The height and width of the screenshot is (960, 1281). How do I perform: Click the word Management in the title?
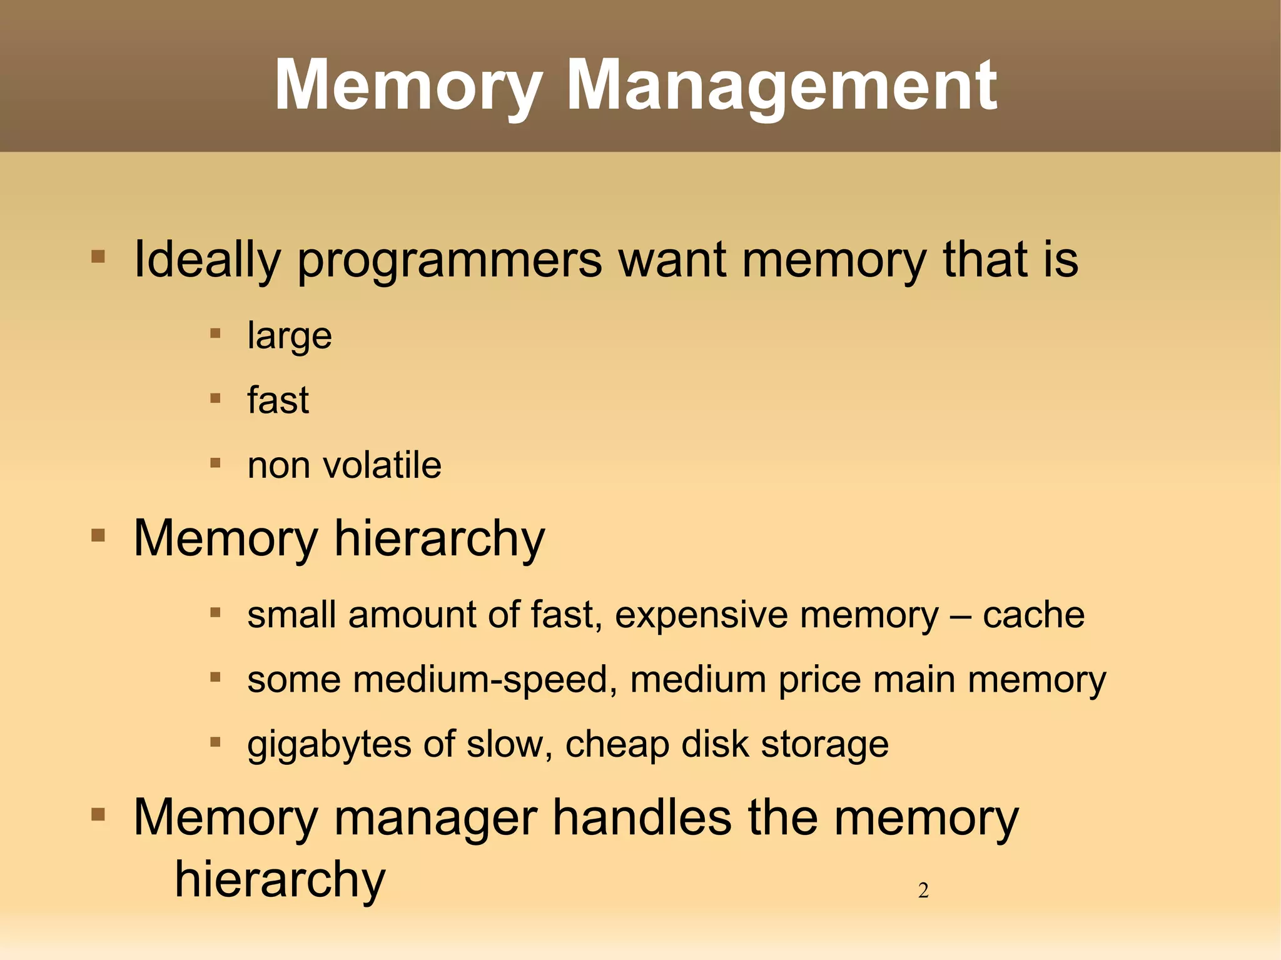click(781, 86)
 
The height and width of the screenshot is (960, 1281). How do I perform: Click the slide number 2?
click(923, 890)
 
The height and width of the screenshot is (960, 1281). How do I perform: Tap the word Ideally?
click(207, 260)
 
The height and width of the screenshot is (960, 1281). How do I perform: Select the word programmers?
click(450, 260)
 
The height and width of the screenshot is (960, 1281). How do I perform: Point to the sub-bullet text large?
click(289, 336)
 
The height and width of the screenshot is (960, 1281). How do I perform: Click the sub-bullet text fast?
click(278, 400)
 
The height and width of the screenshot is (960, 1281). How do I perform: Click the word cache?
click(1033, 615)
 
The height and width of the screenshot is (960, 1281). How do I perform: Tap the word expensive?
click(707, 615)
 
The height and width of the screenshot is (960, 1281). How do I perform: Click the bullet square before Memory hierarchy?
click(98, 535)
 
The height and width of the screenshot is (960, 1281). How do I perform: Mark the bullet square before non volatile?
click(215, 463)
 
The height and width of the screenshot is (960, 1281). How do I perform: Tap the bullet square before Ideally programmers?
click(98, 256)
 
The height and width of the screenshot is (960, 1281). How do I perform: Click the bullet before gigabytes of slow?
click(215, 742)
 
